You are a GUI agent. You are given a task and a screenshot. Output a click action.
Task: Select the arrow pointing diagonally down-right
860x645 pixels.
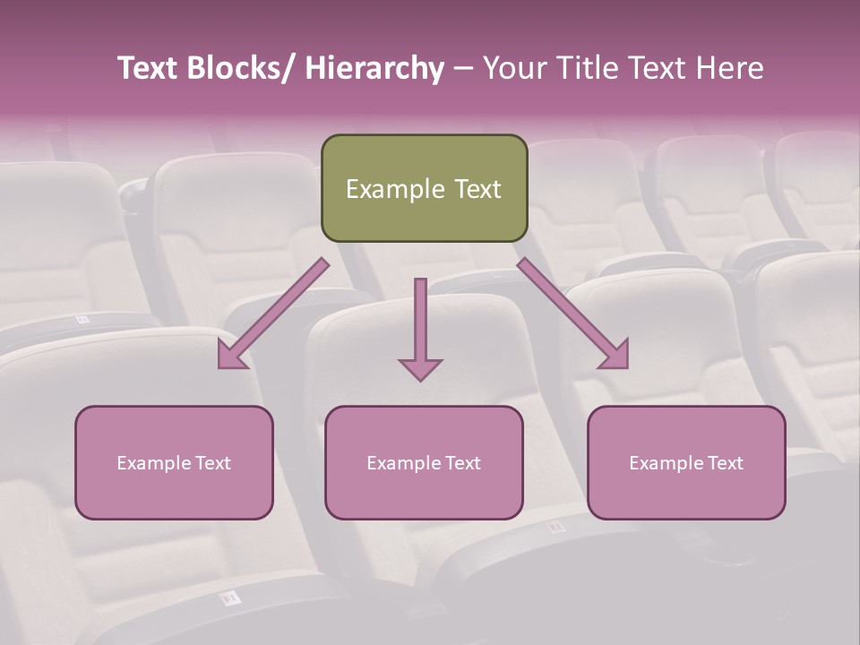[x=570, y=310]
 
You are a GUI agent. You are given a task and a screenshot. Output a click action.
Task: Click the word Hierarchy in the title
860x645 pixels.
[x=374, y=68]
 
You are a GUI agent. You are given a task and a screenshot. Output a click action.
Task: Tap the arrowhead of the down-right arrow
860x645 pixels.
[x=615, y=355]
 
